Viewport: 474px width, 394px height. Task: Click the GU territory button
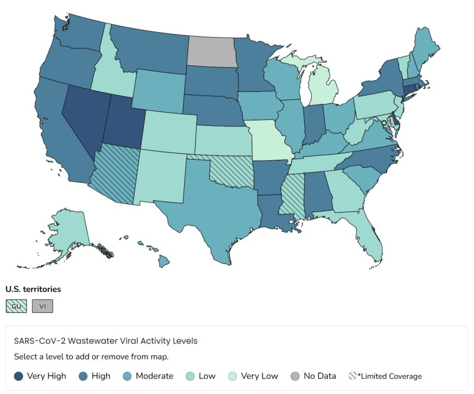(16, 306)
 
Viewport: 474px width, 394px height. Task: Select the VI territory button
(42, 306)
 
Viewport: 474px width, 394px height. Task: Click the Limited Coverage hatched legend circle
(353, 376)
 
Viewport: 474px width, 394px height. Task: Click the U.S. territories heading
(33, 288)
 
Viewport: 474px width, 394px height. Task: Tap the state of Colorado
(168, 131)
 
